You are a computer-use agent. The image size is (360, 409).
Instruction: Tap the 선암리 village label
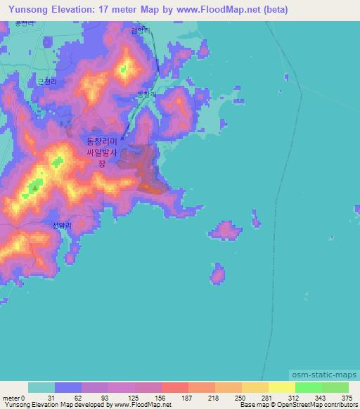tap(63, 226)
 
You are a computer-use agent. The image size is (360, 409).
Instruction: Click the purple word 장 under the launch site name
tap(101, 163)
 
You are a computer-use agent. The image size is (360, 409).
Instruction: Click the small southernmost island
tap(217, 273)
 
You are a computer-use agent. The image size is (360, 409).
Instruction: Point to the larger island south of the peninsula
tap(226, 230)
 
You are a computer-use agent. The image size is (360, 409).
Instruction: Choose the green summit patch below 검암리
tap(124, 68)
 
